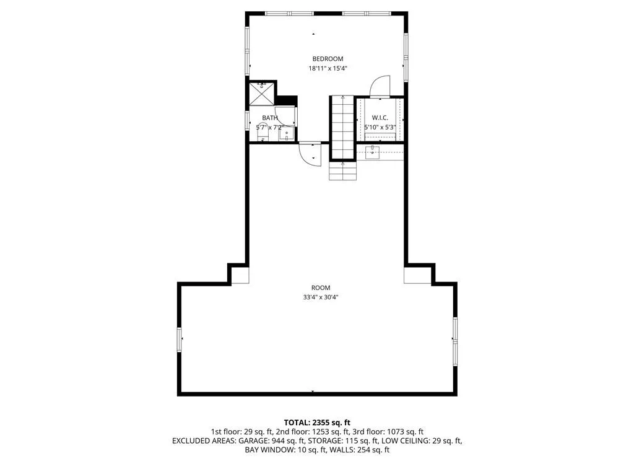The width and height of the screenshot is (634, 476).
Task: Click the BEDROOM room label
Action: (x=328, y=59)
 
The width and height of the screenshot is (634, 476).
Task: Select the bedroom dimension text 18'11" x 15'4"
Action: (x=328, y=68)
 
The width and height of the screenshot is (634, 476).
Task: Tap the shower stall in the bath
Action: (x=262, y=94)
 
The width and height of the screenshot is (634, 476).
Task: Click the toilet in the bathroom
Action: (x=263, y=133)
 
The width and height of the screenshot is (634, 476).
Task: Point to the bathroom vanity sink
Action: (x=287, y=133)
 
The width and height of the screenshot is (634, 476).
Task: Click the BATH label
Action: (x=270, y=118)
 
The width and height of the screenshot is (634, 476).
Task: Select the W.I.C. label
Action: (x=380, y=118)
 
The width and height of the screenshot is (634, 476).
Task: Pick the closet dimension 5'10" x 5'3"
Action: (x=380, y=127)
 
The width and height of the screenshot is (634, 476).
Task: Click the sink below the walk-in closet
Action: (x=372, y=152)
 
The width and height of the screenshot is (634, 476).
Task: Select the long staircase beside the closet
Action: (x=343, y=128)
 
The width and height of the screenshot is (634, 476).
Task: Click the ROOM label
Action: (x=321, y=288)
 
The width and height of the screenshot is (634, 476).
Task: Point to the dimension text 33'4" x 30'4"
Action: (x=321, y=297)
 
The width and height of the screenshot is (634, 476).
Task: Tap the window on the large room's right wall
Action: (x=455, y=342)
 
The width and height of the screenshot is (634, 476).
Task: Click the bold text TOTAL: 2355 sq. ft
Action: (x=317, y=423)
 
